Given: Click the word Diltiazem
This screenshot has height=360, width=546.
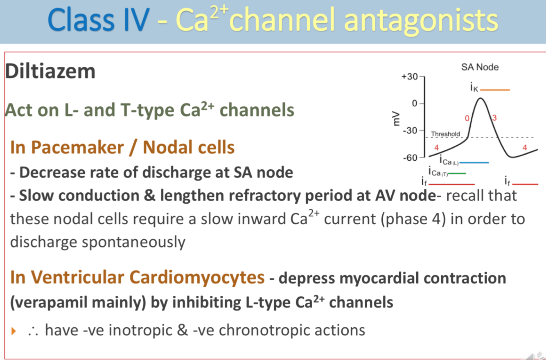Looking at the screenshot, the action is click(x=50, y=71).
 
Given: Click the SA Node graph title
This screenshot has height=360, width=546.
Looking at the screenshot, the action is click(x=480, y=67).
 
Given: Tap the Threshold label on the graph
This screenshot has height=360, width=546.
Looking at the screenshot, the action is click(x=445, y=134).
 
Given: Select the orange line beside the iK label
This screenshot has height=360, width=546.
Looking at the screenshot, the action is click(x=495, y=90).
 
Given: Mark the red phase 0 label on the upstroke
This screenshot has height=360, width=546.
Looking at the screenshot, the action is click(x=467, y=119).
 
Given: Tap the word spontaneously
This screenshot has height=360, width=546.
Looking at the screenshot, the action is click(x=133, y=242).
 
